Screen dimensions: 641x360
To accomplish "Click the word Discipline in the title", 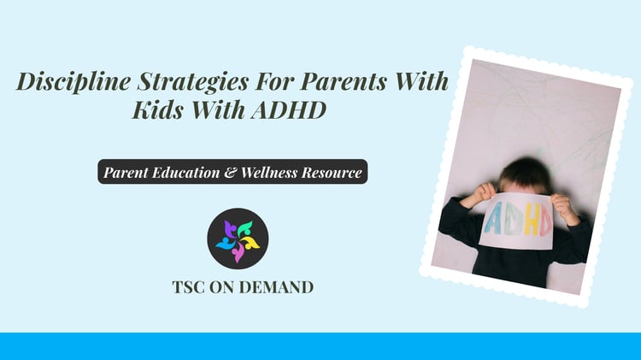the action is [74, 81].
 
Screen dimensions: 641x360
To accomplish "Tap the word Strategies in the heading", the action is [192, 82].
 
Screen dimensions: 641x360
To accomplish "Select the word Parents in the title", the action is [344, 80].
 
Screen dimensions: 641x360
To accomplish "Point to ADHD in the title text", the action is [289, 109].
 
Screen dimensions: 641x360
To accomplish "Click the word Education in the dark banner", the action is [185, 172].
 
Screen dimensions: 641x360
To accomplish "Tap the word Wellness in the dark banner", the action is [269, 172].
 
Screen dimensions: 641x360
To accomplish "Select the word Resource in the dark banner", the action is [332, 173].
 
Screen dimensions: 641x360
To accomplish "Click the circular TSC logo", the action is [238, 239].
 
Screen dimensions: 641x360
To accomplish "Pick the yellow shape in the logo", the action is [250, 242].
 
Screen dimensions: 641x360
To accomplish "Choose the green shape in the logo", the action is [244, 228].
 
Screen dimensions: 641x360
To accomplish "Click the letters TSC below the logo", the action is [189, 287].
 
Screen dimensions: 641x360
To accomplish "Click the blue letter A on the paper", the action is [493, 218].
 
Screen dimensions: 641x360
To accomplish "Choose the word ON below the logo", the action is [222, 287].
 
